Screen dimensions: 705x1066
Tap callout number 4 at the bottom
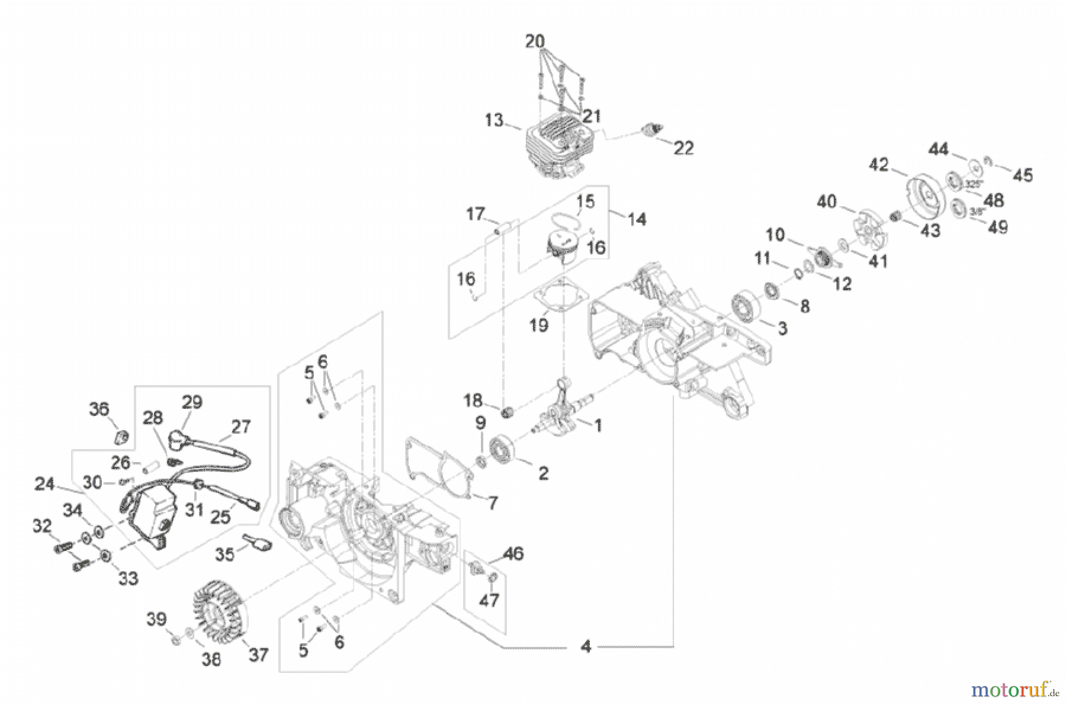586,646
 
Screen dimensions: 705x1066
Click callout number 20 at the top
535,41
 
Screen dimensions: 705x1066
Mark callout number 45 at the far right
1022,175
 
